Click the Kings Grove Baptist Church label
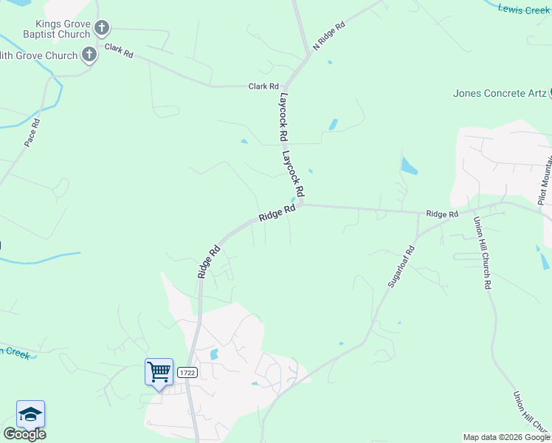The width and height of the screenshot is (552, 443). point(46,29)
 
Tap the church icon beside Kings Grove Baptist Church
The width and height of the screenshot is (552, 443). point(102,29)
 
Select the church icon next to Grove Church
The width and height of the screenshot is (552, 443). point(89,55)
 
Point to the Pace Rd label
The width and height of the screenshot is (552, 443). point(31,131)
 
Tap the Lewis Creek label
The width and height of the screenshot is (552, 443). point(524,10)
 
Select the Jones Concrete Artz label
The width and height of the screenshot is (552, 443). point(500,93)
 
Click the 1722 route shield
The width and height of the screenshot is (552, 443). point(187,373)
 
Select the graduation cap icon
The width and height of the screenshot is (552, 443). point(30,414)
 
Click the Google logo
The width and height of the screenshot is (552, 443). point(24,434)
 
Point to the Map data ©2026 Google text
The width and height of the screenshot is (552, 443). point(506,437)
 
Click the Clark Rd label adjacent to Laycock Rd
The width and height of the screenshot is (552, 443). point(263,86)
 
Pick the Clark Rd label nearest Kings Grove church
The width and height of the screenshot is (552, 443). point(118,51)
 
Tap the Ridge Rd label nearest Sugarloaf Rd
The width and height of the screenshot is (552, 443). point(442,214)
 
